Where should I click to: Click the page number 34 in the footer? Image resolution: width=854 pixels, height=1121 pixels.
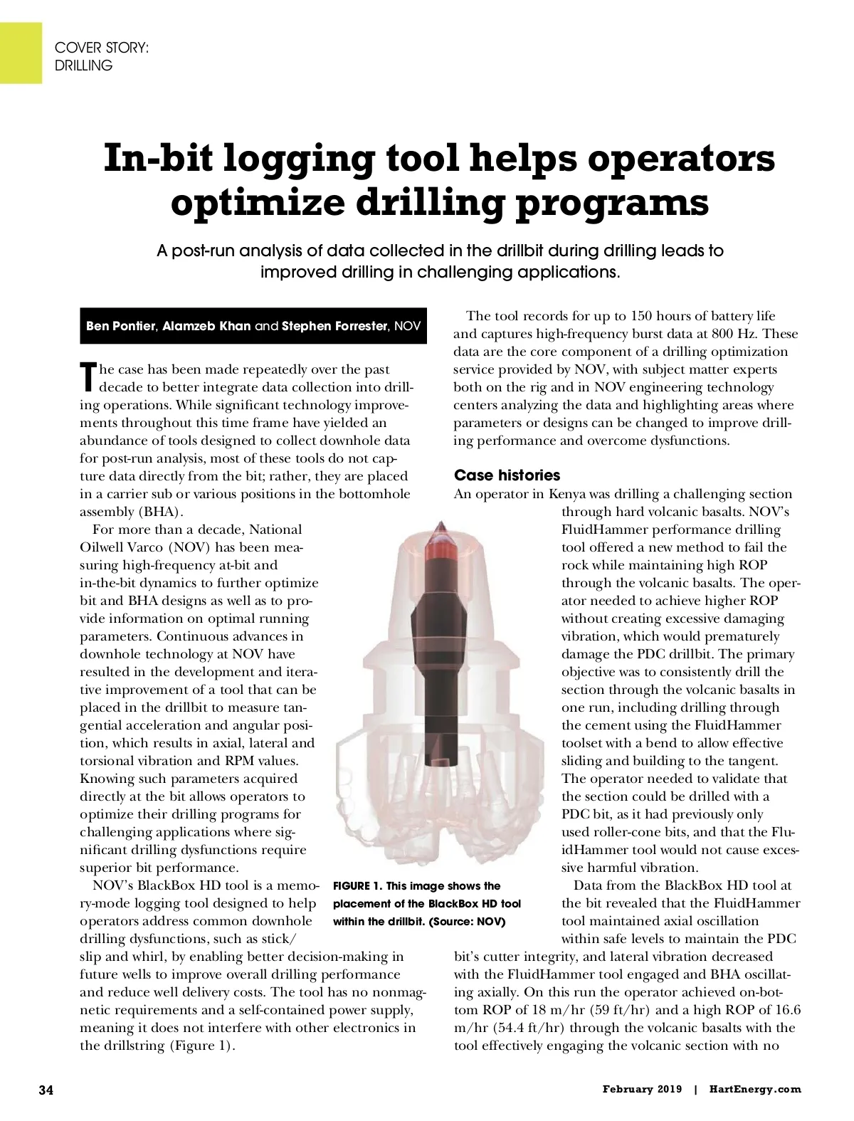coord(46,1090)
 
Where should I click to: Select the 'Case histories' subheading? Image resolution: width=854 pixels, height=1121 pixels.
coord(507,475)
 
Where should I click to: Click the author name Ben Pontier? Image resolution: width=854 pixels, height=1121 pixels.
coord(120,326)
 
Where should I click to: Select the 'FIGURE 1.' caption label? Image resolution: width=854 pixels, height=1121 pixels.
coord(357,886)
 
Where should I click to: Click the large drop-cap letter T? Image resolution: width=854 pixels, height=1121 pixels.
coord(88,377)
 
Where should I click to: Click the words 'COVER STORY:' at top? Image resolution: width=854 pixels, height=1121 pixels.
coord(102,48)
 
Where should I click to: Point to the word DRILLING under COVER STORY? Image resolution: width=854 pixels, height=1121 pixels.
coord(84,65)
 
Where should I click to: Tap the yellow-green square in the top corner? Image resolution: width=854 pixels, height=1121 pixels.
coord(21,53)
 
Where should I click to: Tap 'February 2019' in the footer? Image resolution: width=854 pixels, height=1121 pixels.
coord(642,1089)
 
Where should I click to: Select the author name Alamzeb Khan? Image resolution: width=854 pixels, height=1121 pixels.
coord(206,326)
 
